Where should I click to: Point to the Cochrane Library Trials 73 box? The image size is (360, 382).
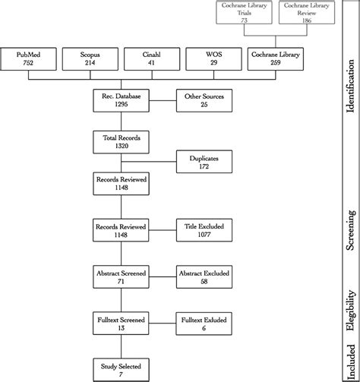tap(245, 14)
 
